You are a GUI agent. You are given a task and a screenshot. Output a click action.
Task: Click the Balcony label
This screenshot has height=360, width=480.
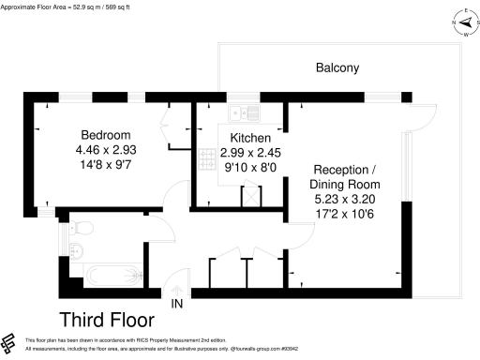[337, 68]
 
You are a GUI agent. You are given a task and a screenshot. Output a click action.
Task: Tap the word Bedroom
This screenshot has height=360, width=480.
[105, 134]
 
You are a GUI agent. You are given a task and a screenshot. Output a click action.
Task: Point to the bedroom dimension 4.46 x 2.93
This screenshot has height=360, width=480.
[105, 148]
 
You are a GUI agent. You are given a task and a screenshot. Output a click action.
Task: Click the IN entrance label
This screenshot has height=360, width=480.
[176, 303]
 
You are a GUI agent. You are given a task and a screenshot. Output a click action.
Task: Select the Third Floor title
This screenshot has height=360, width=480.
[109, 318]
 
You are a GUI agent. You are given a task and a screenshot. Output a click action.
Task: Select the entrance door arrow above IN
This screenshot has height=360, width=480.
[176, 287]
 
